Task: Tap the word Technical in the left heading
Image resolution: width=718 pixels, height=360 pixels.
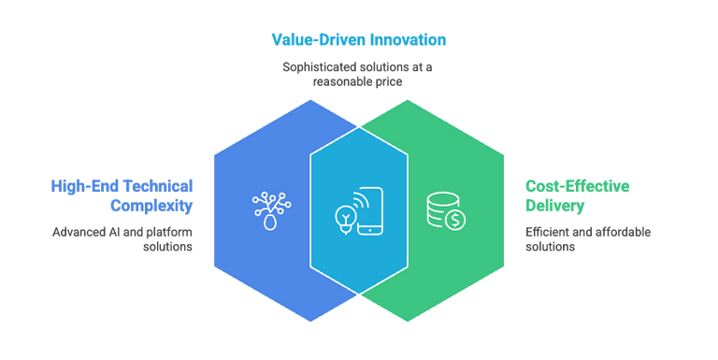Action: tap(157, 186)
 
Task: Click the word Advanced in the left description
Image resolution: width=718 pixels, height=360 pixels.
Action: tap(79, 231)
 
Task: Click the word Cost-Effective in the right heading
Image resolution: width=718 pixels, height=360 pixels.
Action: tap(577, 186)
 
